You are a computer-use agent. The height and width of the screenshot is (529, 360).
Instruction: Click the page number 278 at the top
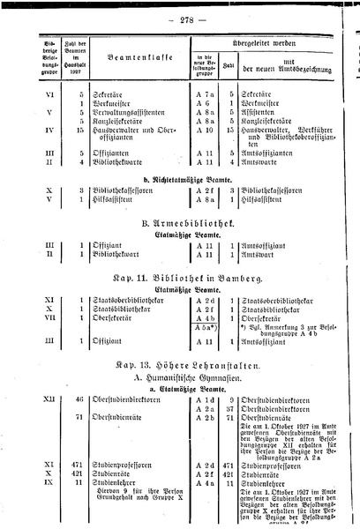tap(181, 17)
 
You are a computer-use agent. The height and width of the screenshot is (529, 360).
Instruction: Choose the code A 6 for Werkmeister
tap(204, 102)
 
